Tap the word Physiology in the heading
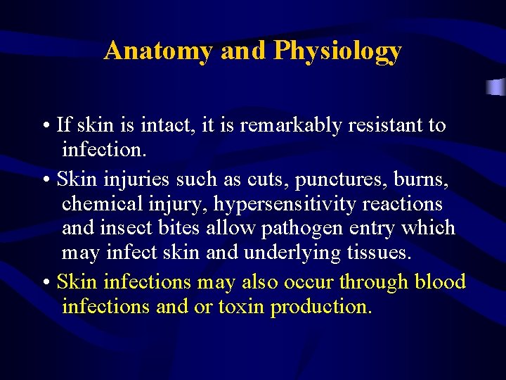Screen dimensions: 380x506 337,51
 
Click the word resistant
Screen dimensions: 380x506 381,125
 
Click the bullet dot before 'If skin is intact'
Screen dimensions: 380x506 45,127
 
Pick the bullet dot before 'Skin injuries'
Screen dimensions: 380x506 45,181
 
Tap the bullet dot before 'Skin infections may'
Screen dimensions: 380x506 45,284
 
